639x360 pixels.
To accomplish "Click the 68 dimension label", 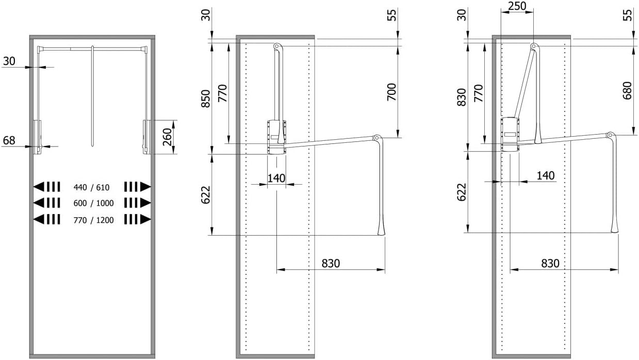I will [9, 140].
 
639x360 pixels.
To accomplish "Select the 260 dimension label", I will [167, 137].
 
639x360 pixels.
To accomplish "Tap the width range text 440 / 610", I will [93, 186].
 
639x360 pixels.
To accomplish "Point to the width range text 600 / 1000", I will [93, 203].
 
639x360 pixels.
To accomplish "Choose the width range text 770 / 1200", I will [93, 220].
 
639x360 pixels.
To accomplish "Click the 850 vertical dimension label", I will [205, 98].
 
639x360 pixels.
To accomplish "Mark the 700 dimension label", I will [391, 92].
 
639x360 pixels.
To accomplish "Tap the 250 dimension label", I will [517, 6].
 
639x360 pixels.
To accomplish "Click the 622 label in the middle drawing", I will [205, 195].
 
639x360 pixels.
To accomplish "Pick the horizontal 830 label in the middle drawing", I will [331, 263].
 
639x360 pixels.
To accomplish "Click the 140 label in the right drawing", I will [545, 175].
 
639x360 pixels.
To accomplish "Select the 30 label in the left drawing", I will [9, 61].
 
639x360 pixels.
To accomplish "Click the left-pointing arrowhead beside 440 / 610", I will [39, 186].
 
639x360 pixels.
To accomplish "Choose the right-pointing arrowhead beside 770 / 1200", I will [146, 220].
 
